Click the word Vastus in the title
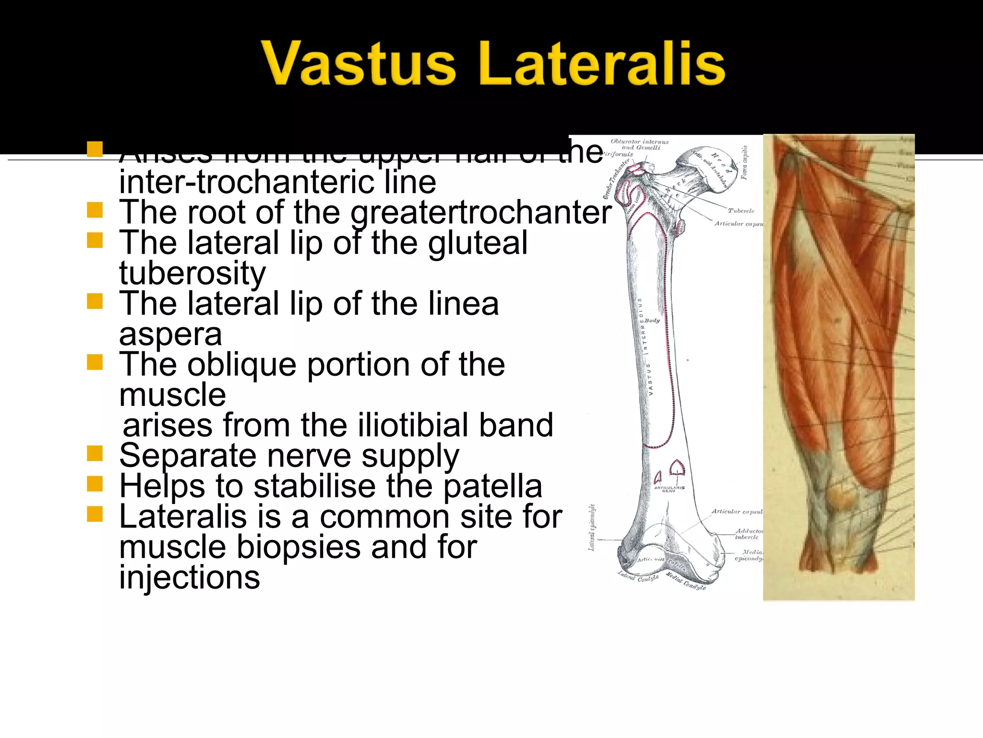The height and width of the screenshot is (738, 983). tap(358, 63)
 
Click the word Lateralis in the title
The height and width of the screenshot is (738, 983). tap(602, 63)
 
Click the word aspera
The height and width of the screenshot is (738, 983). tap(170, 334)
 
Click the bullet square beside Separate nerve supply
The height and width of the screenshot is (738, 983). tap(95, 453)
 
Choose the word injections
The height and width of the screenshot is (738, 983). tap(190, 578)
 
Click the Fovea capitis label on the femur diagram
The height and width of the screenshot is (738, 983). tap(744, 162)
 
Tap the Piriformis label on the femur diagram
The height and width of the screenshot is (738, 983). tap(619, 154)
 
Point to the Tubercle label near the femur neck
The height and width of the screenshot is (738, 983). tap(741, 210)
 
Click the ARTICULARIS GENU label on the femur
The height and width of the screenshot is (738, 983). tap(669, 489)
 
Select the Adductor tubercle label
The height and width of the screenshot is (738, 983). tap(748, 534)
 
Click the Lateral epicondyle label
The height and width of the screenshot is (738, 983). tap(592, 528)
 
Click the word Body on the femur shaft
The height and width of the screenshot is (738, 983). tap(652, 320)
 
